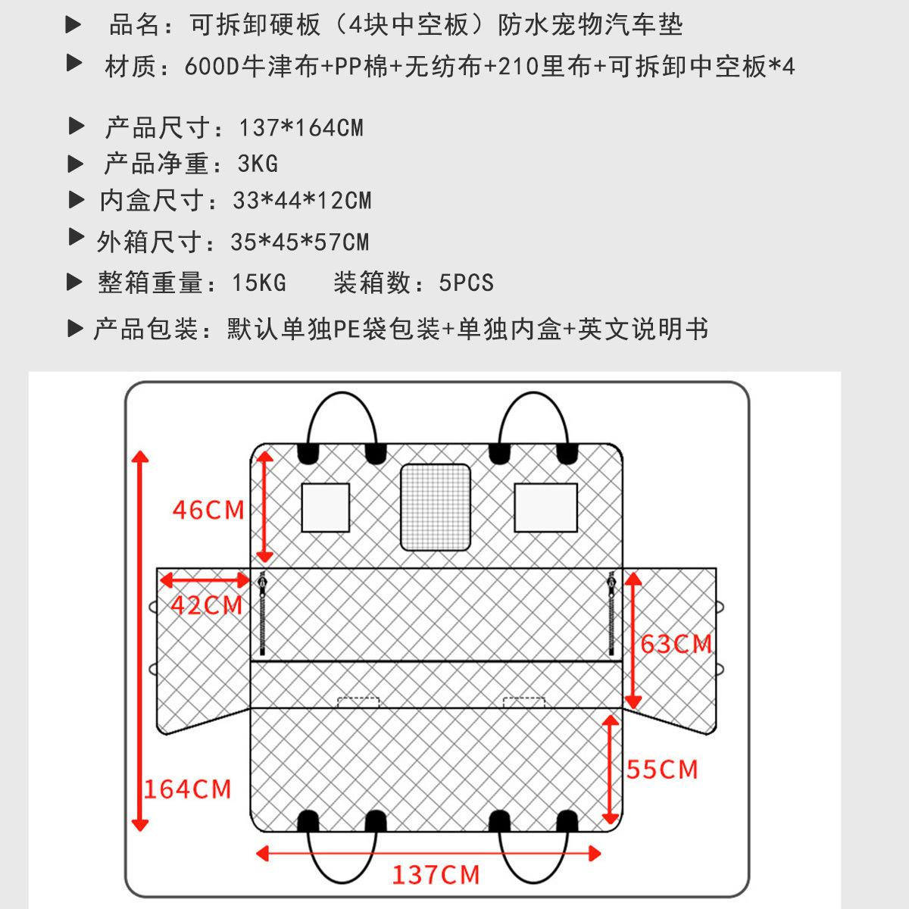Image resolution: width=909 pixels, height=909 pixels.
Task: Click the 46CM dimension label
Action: point(208,510)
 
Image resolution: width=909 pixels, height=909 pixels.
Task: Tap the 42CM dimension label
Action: point(206,605)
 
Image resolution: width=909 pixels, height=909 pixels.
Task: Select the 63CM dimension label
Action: point(676,644)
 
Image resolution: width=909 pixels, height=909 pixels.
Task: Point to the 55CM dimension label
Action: point(662,770)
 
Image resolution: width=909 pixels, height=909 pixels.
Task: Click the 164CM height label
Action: point(188,789)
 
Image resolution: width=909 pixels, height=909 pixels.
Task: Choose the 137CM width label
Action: point(436,875)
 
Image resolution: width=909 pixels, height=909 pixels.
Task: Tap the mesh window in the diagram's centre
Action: point(435,507)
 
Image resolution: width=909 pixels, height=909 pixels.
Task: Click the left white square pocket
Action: point(326,508)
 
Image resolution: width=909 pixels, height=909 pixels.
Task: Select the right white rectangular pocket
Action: point(545,508)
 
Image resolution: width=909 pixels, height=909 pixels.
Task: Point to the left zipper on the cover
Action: point(262,614)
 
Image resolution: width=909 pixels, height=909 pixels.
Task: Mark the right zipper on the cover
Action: point(611,614)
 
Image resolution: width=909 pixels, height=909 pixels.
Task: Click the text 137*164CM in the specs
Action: point(301,127)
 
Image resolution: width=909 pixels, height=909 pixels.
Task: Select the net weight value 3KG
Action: point(258,163)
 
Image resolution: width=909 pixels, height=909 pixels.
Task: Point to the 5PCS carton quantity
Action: point(466,283)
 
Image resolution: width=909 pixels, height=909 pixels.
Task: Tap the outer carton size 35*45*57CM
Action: point(300,242)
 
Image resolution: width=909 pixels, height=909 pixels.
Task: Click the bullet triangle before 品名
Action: point(73,25)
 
